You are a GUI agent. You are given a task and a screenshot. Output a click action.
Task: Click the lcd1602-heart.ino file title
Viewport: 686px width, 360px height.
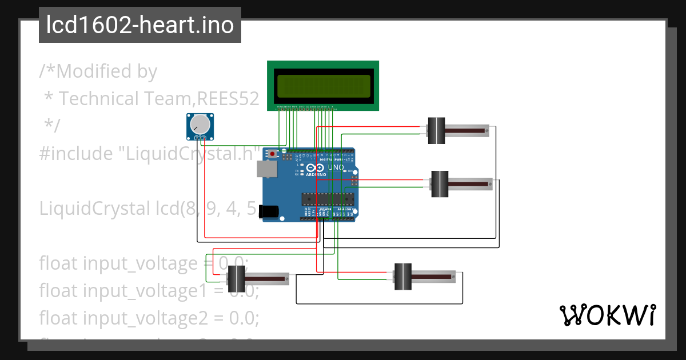(x=139, y=26)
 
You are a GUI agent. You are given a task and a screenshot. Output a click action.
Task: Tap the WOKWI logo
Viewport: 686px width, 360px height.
(x=607, y=315)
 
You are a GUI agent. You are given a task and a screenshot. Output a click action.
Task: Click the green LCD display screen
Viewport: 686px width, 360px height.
(x=323, y=86)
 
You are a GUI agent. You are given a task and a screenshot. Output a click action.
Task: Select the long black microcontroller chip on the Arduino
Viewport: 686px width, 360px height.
(x=328, y=199)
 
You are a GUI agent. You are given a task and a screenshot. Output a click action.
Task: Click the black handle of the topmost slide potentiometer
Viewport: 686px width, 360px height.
(x=437, y=131)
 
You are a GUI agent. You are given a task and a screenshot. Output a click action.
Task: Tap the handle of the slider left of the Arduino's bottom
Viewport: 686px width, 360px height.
(x=236, y=279)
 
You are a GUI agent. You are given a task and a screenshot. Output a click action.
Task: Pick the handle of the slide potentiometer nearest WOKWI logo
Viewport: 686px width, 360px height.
(x=404, y=277)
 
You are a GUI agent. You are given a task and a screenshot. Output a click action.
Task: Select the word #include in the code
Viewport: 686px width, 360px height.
(x=69, y=153)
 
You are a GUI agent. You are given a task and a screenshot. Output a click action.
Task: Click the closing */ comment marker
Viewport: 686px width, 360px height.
(x=52, y=126)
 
